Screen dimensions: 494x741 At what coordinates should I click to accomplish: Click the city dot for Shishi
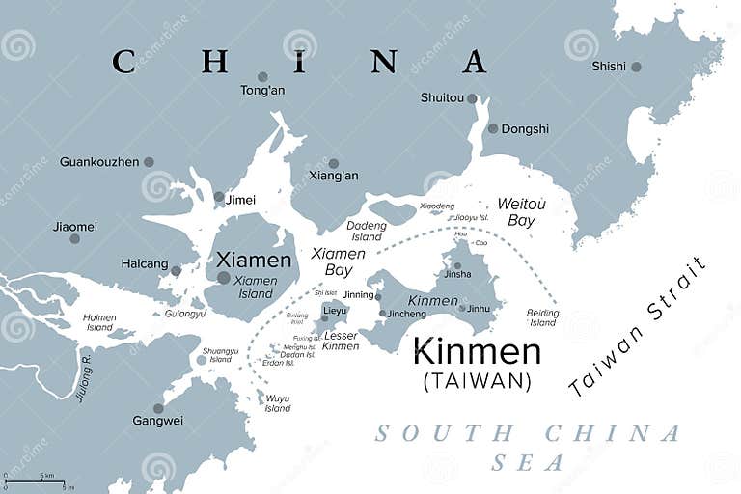tap(636, 67)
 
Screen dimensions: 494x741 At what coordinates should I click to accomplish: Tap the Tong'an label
tap(261, 91)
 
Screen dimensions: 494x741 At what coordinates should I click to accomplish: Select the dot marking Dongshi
tap(493, 128)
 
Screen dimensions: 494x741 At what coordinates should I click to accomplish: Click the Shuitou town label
tap(442, 97)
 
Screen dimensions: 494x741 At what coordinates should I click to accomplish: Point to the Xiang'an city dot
tap(334, 163)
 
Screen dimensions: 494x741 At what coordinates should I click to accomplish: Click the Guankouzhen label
tap(99, 162)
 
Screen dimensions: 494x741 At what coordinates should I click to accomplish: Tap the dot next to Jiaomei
tap(74, 238)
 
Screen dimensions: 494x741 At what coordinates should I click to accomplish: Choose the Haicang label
tap(145, 263)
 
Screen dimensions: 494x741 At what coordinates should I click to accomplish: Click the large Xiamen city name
tap(254, 261)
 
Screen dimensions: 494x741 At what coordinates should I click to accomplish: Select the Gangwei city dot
tap(158, 408)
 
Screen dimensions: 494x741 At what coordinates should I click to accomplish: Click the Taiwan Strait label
tap(638, 326)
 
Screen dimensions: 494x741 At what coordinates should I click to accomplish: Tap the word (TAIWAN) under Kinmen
tap(477, 381)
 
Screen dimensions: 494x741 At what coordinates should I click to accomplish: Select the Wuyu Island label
tap(277, 402)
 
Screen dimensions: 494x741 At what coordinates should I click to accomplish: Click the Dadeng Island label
tap(367, 231)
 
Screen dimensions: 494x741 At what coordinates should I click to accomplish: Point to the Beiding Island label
tap(543, 317)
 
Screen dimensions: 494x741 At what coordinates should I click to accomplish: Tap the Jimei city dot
tap(219, 197)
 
